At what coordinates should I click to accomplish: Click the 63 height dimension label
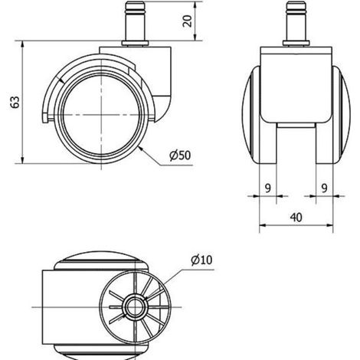point(15,102)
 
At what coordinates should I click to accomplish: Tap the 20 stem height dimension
point(187,21)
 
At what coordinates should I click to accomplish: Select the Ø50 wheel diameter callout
point(180,155)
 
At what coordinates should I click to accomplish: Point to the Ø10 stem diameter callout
point(201,260)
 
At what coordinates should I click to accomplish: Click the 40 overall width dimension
point(296,218)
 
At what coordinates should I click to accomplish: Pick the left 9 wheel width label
point(267,188)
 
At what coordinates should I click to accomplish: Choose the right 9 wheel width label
point(324,188)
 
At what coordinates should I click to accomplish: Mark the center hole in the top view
point(135,306)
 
